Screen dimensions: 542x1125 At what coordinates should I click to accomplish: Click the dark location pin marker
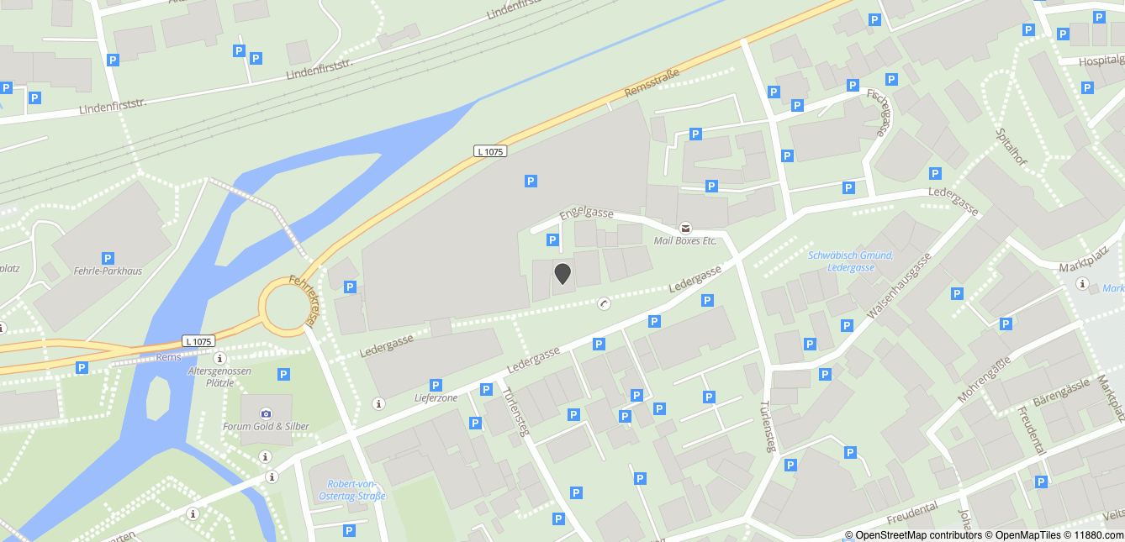[562, 273]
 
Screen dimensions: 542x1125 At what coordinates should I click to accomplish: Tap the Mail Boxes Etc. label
[684, 240]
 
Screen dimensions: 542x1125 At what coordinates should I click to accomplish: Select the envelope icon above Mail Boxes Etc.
[685, 228]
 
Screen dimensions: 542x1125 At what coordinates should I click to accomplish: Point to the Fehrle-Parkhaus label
[108, 271]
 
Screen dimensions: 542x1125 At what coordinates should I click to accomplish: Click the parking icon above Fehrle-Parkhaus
[108, 258]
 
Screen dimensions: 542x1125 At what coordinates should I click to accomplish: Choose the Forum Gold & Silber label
[266, 426]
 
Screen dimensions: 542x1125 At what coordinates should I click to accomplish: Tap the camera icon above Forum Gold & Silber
[266, 413]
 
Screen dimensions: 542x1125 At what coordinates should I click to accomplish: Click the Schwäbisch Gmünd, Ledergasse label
[850, 261]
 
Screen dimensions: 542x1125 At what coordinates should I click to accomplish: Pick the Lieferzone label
[436, 397]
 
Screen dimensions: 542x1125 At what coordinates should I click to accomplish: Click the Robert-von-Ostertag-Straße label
[351, 489]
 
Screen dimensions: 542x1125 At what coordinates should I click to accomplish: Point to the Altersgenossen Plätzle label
[220, 376]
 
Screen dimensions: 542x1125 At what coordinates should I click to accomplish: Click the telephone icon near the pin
[604, 303]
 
